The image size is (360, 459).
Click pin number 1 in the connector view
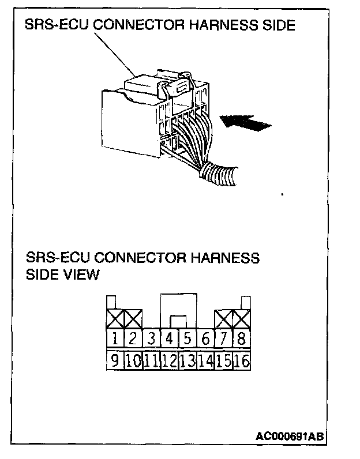coord(115,338)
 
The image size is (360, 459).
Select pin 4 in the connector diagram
coord(170,338)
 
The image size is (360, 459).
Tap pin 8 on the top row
coord(242,338)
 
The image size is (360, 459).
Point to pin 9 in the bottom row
coord(115,361)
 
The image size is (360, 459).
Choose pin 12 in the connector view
coord(170,362)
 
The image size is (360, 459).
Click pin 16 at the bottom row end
coord(242,362)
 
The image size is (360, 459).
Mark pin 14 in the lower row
coord(205,362)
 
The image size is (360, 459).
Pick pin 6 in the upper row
coord(206,338)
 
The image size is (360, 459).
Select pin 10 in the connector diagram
coord(133,362)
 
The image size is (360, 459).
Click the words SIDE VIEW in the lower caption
coord(63,274)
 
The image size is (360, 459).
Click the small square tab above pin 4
coord(178,321)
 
